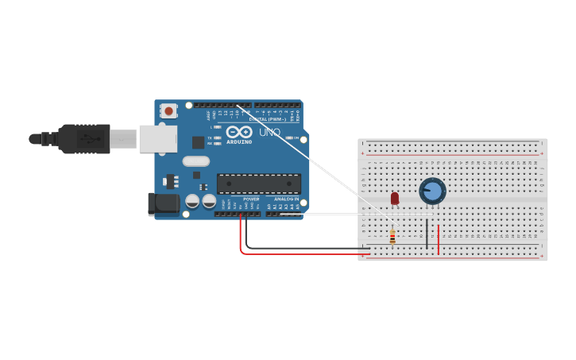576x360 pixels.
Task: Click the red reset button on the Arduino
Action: tap(168, 112)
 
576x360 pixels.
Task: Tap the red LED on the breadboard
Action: tap(395, 198)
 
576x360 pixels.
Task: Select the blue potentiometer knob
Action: tap(432, 191)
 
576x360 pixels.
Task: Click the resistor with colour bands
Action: tap(392, 236)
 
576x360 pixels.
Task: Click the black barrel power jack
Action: tap(164, 204)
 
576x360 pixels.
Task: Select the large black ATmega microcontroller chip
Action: tap(259, 184)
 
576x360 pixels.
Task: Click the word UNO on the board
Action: tap(269, 133)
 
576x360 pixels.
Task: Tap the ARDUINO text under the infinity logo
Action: tap(239, 142)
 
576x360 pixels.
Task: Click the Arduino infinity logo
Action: tap(238, 132)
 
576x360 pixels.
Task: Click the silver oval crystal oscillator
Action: tap(195, 161)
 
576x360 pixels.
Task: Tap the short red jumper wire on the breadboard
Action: tap(438, 238)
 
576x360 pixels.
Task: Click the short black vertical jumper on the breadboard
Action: tap(427, 235)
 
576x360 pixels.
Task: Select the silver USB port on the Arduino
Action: tap(157, 138)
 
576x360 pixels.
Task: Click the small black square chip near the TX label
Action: tap(198, 142)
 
